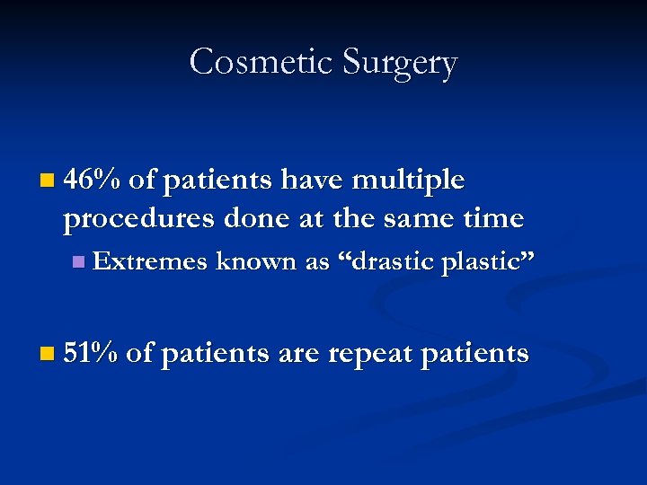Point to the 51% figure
(92, 353)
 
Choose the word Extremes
(150, 261)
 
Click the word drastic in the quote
(387, 261)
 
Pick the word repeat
(372, 354)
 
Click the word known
(249, 261)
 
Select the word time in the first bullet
(492, 218)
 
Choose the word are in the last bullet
(299, 354)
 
